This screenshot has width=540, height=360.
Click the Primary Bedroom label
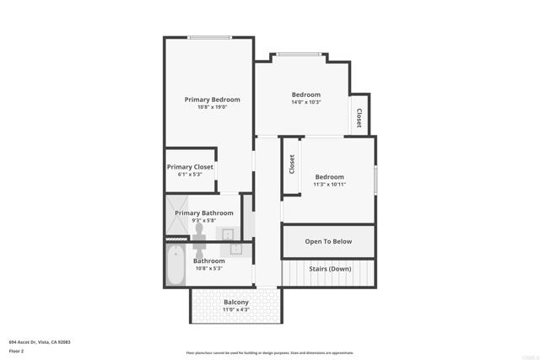213,99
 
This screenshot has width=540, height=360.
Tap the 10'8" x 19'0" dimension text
213,107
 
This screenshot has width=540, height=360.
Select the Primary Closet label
190,167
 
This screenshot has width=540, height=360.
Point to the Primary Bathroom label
204,213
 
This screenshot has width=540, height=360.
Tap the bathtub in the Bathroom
175,265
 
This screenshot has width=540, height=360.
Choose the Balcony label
235,303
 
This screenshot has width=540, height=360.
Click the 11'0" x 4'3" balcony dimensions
235,310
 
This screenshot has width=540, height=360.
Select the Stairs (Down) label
329,269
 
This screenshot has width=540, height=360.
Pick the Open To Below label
328,241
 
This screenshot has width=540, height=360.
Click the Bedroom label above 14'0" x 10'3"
306,94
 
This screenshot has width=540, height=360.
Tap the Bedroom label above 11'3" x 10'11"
330,177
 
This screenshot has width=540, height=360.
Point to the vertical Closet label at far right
359,118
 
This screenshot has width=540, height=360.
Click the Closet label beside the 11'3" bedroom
292,164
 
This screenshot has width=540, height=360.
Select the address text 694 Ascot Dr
39,341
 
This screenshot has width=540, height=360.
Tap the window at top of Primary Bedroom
209,37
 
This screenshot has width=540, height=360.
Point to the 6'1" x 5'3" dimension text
190,175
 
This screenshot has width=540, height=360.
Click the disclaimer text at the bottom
270,352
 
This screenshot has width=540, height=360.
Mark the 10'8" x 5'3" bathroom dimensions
208,269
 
